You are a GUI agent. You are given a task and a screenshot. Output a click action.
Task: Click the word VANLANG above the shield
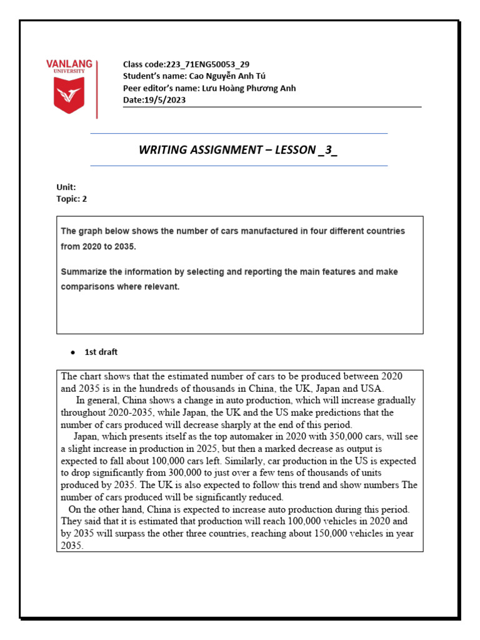point(69,64)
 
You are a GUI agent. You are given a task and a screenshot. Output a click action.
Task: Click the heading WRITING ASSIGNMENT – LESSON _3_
point(238,150)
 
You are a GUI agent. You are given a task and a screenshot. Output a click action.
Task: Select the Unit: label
point(66,187)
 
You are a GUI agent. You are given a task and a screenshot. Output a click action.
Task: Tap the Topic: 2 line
point(71,199)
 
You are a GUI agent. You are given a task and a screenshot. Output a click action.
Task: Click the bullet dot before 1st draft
point(73,352)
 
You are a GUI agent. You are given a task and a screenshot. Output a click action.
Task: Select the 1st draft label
point(101,352)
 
